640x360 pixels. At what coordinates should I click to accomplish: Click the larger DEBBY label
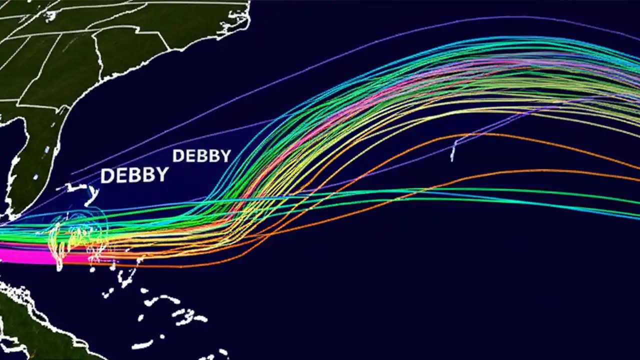(134, 175)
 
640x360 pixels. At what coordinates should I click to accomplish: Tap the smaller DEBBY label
(201, 156)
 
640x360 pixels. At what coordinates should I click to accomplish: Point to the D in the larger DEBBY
(106, 176)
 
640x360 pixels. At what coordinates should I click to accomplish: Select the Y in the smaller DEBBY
(226, 156)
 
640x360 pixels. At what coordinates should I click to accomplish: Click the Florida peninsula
(30, 165)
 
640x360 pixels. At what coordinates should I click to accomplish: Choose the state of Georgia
(65, 75)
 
